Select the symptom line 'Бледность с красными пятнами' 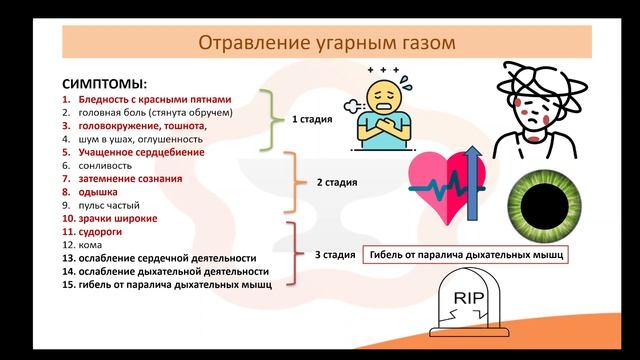[x=146, y=100]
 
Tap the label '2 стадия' [x=336, y=184]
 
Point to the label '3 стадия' [x=335, y=255]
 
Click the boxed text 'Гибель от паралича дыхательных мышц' [x=466, y=255]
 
